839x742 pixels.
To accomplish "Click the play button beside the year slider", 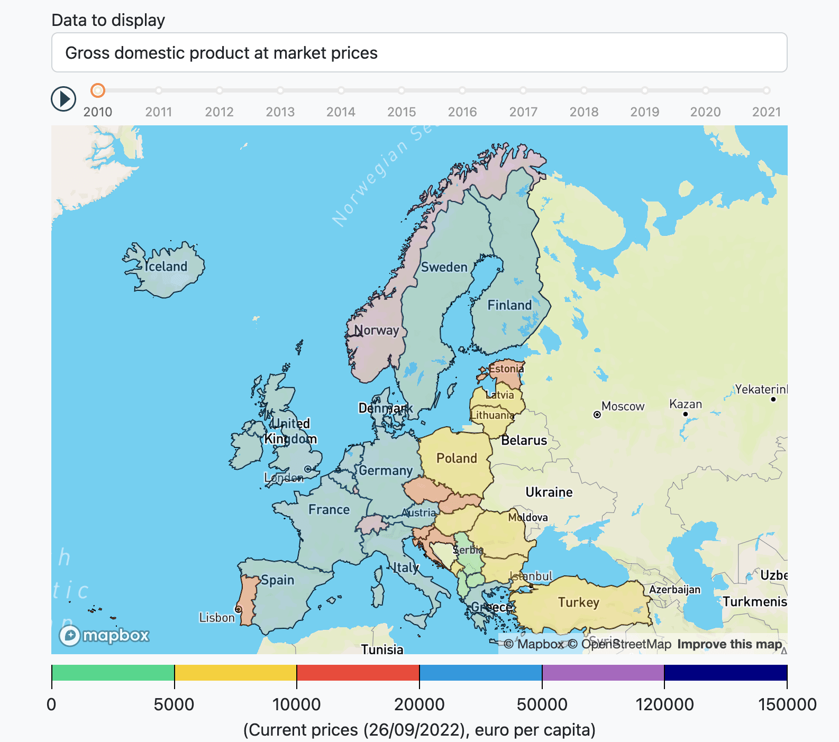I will tap(63, 99).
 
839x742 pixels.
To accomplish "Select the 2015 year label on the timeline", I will tap(402, 112).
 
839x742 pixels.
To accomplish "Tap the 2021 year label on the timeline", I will tap(766, 112).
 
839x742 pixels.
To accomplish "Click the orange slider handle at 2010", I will tap(97, 90).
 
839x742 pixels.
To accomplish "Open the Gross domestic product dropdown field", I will tap(419, 53).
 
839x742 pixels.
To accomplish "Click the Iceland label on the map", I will tap(166, 267).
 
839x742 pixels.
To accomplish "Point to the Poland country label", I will tap(457, 458).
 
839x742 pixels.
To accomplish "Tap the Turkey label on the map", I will tap(578, 602).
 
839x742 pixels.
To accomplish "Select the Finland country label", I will tap(509, 305).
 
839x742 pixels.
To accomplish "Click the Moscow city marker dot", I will tap(597, 415).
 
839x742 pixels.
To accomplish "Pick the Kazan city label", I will tap(685, 404).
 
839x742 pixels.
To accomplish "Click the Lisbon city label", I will tap(216, 617).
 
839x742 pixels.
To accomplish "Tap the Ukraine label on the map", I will tap(549, 492).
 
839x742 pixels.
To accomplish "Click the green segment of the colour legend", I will tap(113, 673).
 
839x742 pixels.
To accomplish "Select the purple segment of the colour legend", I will tap(603, 673).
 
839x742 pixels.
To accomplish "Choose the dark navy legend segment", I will tap(725, 673).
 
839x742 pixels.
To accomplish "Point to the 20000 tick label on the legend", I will tap(419, 704).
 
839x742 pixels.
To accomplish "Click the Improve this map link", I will tap(729, 644).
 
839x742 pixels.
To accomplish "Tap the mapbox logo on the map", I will tap(104, 635).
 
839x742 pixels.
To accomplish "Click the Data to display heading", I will tap(108, 20).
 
